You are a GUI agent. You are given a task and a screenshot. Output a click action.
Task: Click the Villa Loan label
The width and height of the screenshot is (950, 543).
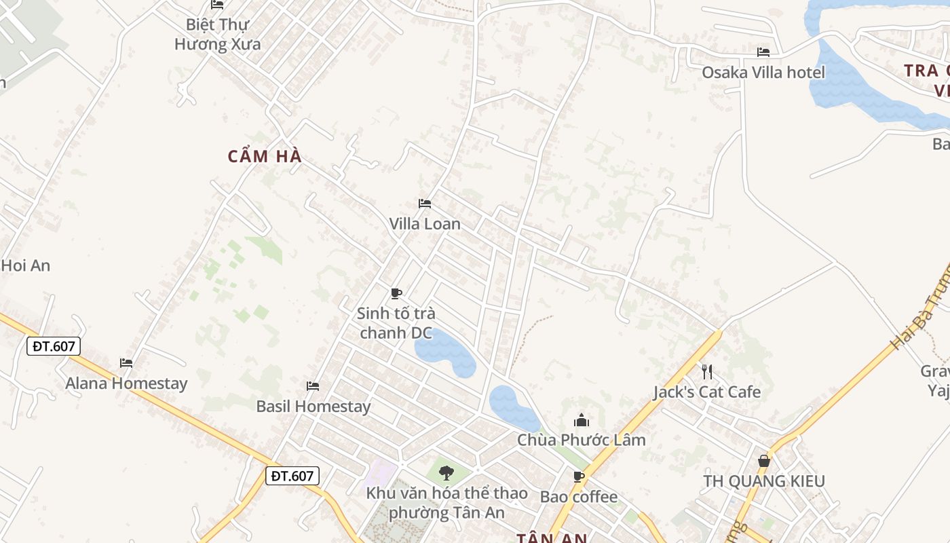coord(425,224)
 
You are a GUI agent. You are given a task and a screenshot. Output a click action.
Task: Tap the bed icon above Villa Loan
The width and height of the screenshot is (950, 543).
coord(425,204)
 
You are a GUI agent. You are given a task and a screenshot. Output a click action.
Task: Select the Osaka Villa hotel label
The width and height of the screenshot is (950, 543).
coord(763,73)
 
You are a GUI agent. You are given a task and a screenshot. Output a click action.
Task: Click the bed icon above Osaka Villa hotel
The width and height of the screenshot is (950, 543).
coord(763,52)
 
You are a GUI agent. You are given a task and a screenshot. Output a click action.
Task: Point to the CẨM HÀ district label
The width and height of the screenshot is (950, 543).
coord(265,157)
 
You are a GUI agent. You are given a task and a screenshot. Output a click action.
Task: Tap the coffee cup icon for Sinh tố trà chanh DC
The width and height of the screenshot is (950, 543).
coord(396,293)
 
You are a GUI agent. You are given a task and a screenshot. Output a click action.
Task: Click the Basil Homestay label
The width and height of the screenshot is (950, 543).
coord(313,407)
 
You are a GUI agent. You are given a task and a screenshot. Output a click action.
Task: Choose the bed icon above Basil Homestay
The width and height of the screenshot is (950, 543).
coord(313,386)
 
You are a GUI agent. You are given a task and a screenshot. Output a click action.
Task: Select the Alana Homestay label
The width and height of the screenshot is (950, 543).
coord(126,383)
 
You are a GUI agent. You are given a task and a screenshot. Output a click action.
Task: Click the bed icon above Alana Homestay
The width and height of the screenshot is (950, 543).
coord(126,363)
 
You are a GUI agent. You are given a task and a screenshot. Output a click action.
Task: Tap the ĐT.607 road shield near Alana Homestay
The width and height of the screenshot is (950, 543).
coord(54,346)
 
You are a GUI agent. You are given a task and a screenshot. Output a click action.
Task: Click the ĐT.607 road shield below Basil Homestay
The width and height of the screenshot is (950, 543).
coord(292,476)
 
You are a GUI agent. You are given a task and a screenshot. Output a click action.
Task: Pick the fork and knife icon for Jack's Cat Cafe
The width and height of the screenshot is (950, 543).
coord(707,371)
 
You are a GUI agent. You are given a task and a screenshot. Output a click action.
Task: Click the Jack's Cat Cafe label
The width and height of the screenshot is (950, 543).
coord(707,392)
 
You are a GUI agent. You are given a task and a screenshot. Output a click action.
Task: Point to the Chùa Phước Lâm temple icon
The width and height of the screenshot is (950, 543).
coord(582,420)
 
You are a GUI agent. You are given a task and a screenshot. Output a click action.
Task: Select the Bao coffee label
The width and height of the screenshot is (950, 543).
coord(579,498)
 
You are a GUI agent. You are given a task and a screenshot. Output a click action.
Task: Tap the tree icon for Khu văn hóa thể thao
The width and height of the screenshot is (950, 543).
coord(446,472)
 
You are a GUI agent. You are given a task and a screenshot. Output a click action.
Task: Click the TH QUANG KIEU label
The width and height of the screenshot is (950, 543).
coord(764,481)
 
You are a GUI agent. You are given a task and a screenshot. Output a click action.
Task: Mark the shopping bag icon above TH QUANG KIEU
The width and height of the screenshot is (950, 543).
coord(764,461)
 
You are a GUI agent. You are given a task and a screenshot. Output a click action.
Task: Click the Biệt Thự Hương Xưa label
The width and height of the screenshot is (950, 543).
coord(217,34)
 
